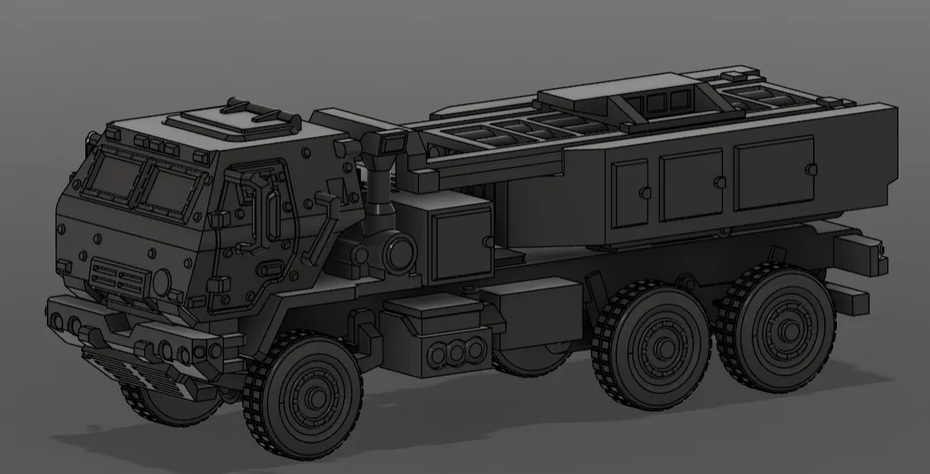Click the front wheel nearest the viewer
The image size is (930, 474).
(x=303, y=395)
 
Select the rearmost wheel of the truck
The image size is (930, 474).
(x=776, y=330)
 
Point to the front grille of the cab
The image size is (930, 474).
(x=117, y=276)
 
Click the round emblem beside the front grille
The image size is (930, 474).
(x=160, y=281)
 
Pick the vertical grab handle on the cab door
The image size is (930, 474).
(x=272, y=215)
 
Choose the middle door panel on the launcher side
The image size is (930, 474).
(x=691, y=183)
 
